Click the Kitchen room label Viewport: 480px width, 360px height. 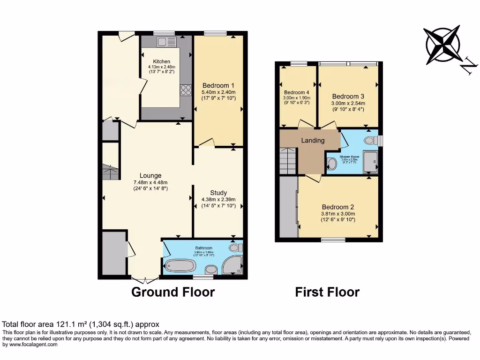click(x=162, y=61)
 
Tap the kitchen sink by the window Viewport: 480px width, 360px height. click(x=166, y=42)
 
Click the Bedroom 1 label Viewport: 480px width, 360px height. click(x=218, y=85)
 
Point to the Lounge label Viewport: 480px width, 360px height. click(x=150, y=176)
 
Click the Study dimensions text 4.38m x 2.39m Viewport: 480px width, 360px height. click(x=218, y=199)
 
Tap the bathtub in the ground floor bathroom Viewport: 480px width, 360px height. click(x=180, y=266)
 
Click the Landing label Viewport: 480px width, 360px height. click(x=313, y=140)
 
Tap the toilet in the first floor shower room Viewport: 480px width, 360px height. click(x=371, y=140)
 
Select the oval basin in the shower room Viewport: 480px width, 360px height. click(x=332, y=164)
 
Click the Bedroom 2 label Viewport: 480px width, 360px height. click(x=337, y=207)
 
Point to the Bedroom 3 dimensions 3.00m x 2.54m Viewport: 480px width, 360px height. click(x=348, y=104)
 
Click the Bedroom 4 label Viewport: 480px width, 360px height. click(x=296, y=92)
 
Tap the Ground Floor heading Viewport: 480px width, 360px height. click(x=173, y=292)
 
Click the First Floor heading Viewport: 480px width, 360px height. click(x=327, y=292)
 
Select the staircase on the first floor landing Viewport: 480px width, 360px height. click(x=288, y=160)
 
